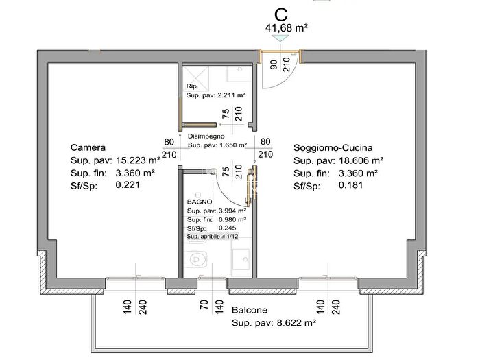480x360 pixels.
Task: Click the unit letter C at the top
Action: (x=280, y=14)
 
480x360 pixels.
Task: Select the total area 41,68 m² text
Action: (x=286, y=28)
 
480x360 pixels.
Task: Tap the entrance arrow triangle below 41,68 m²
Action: (x=280, y=38)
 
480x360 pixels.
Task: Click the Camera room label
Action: (x=88, y=147)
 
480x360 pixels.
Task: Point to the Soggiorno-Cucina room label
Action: (x=333, y=148)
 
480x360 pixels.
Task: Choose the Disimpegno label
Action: (x=206, y=136)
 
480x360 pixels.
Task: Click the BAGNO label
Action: (x=200, y=202)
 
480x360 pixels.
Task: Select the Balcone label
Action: (x=250, y=310)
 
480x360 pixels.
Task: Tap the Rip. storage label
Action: (x=192, y=86)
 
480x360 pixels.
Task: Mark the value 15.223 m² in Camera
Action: (x=138, y=160)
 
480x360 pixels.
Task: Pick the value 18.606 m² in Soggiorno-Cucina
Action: (x=361, y=160)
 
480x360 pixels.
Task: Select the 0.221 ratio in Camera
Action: (x=128, y=185)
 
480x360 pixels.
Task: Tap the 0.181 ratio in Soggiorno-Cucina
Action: (x=350, y=185)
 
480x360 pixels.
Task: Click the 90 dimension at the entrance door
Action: (x=274, y=64)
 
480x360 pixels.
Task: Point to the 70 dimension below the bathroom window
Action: (x=204, y=305)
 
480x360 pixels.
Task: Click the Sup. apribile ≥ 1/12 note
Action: (x=213, y=237)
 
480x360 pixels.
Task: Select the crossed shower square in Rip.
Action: (x=196, y=77)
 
